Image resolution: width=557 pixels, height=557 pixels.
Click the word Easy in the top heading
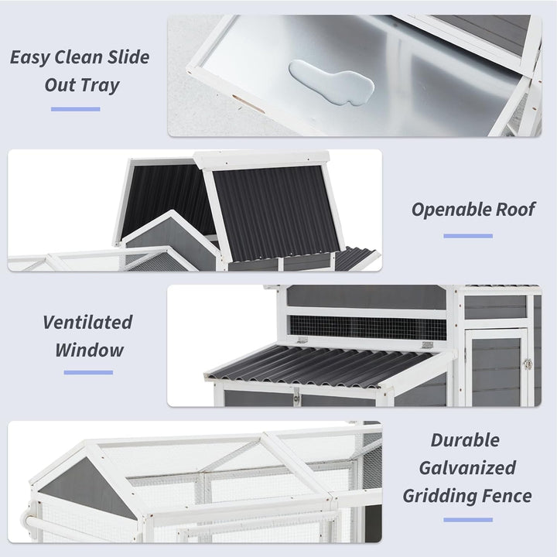click(29, 57)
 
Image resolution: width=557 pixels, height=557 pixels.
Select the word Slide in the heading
click(128, 56)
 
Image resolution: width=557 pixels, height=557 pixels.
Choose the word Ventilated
click(87, 322)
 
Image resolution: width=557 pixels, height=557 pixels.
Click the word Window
click(89, 350)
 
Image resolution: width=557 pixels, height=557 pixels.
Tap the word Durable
click(465, 439)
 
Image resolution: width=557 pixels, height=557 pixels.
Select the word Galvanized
click(467, 468)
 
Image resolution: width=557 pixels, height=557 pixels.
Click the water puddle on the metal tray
click(332, 83)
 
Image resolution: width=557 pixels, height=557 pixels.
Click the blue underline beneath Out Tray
click(76, 109)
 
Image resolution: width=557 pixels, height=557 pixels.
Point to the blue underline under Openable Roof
click(468, 236)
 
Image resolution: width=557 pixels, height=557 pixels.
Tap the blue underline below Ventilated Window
click(88, 372)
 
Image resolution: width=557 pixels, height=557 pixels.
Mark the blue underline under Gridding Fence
click(468, 520)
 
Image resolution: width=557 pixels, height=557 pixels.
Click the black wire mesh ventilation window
click(368, 327)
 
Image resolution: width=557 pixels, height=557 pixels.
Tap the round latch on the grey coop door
click(528, 364)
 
